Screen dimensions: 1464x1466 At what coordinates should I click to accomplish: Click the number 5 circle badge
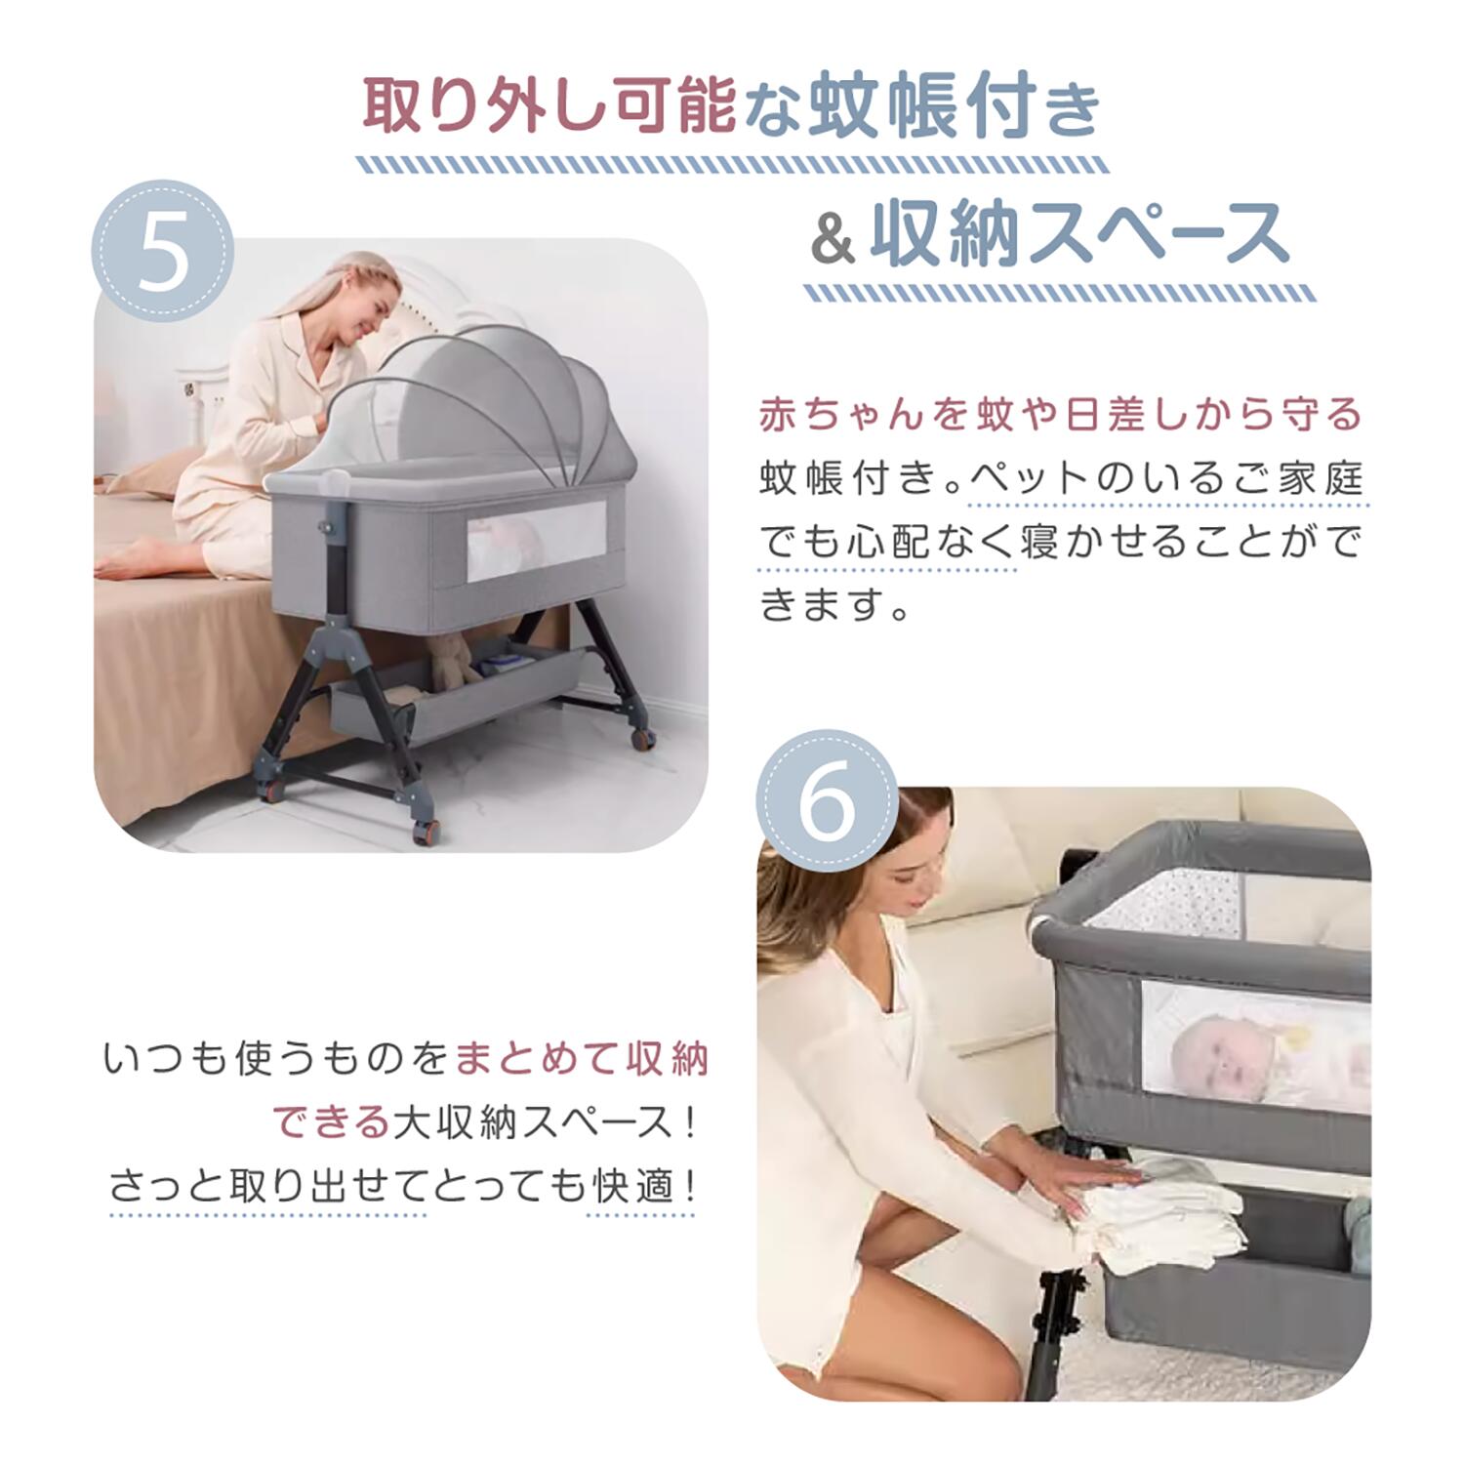tap(163, 251)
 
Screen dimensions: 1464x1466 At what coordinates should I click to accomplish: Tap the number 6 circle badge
tap(828, 799)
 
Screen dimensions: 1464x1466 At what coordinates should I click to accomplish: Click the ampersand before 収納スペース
tap(833, 241)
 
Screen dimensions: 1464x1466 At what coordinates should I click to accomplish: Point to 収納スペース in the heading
tap(1078, 234)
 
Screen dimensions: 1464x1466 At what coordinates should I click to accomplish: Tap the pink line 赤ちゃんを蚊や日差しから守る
tap(1061, 415)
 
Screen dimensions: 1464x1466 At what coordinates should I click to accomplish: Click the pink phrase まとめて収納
tap(583, 1058)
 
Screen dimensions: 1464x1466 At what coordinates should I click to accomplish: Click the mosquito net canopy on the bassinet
tap(480, 405)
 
